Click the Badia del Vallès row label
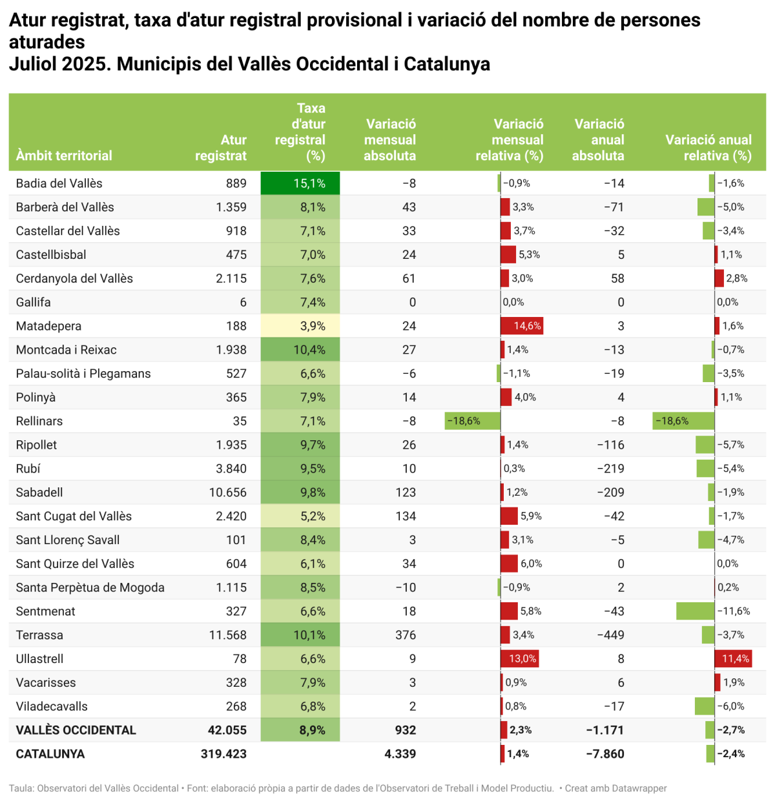point(59,183)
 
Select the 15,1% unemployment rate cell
point(300,183)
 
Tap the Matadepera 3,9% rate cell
point(300,326)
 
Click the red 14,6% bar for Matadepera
point(521,326)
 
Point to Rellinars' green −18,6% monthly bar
point(473,421)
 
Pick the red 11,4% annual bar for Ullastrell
point(733,658)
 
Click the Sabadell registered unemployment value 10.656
point(227,493)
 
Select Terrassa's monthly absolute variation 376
point(405,635)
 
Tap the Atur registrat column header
point(221,148)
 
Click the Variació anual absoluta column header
point(598,139)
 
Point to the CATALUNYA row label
point(50,754)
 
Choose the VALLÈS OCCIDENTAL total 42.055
point(227,730)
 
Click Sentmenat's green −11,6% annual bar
point(695,611)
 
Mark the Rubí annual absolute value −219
point(610,469)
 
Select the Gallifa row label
point(34,302)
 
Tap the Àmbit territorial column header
point(64,156)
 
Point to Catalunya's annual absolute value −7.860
point(604,754)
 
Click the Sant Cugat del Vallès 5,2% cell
point(300,516)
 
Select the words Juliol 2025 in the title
point(57,64)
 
